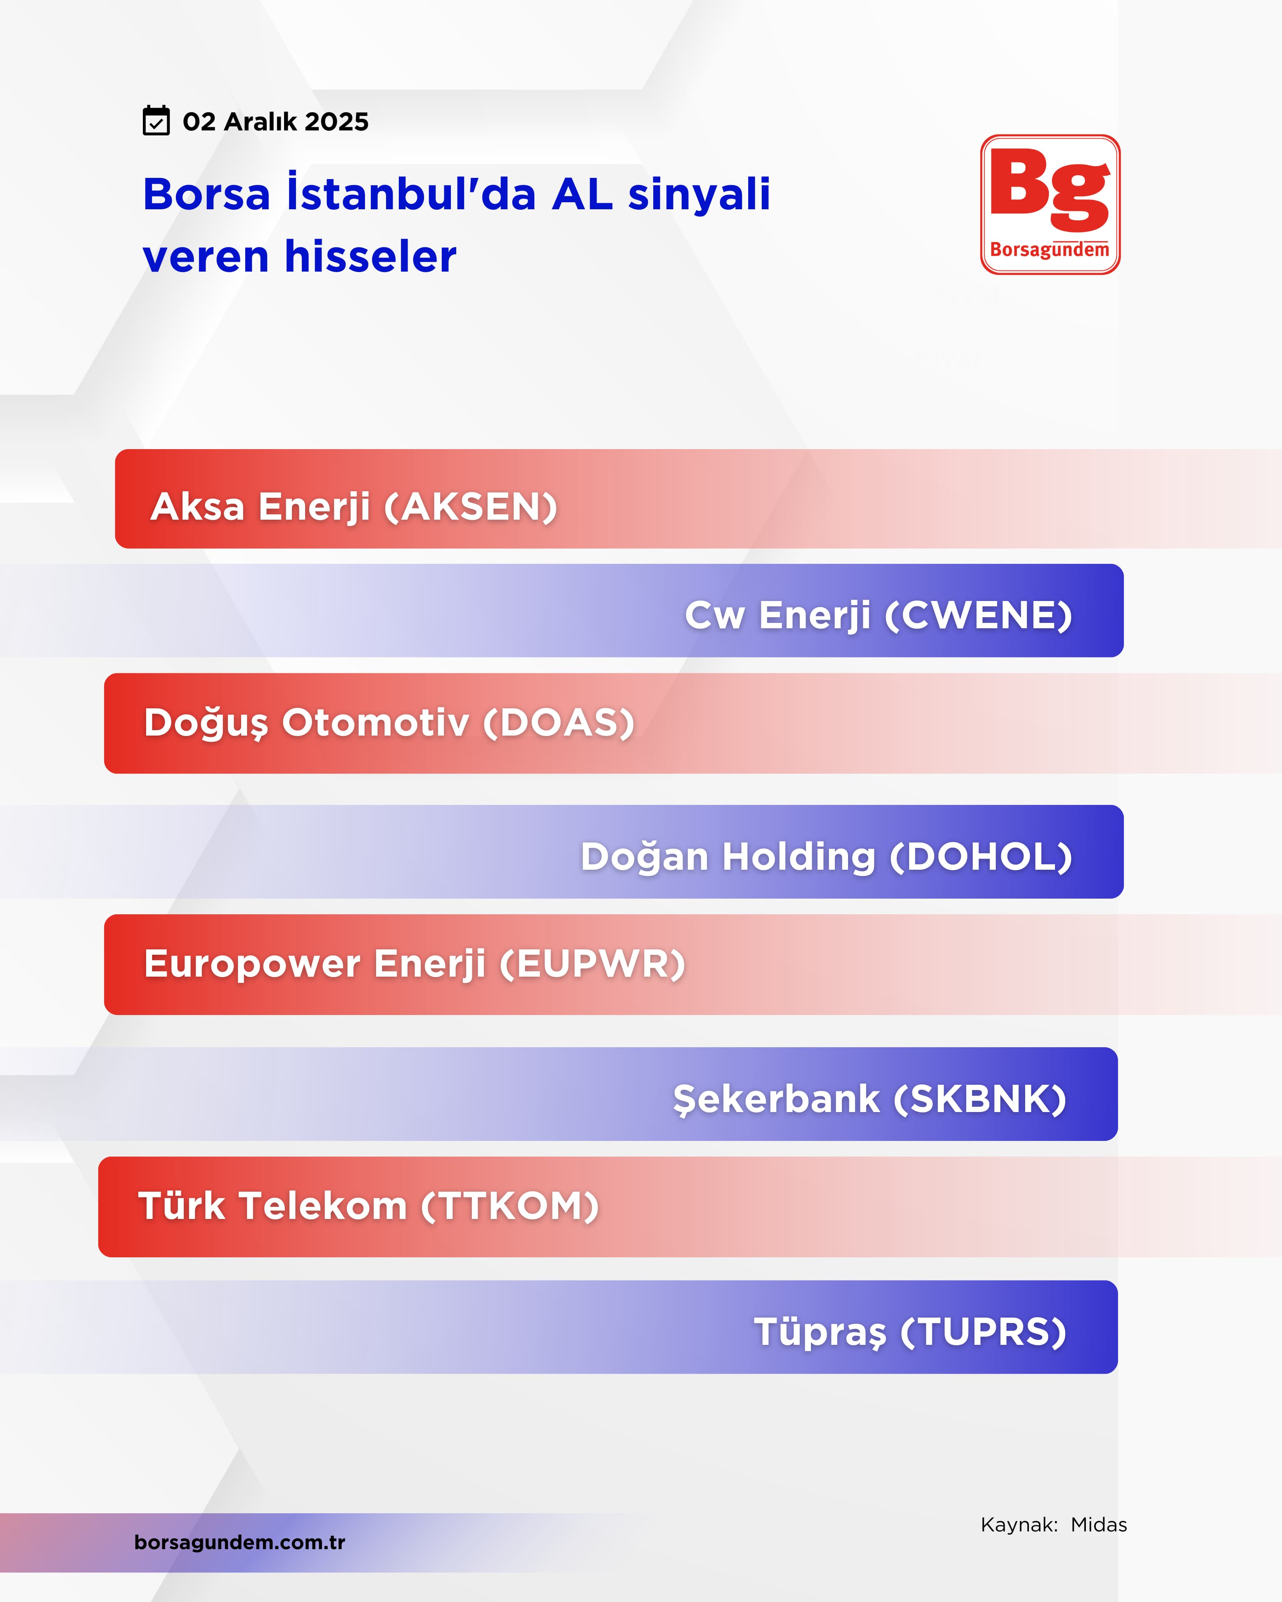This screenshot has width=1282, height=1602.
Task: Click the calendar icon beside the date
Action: coord(156,121)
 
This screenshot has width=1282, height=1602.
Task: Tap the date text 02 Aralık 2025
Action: coord(276,121)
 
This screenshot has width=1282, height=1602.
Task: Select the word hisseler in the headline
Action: coord(371,256)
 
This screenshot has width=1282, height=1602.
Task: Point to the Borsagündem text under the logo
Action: coord(1050,250)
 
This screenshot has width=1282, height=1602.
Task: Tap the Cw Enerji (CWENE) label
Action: coord(879,615)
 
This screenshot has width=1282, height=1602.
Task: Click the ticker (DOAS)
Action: coord(559,723)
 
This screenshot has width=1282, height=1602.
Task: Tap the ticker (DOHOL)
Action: coord(981,857)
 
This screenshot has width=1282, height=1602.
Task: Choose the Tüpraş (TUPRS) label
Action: coord(910,1332)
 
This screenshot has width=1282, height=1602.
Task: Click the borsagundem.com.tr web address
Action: coord(239,1542)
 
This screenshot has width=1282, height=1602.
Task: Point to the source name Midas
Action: coord(1098,1525)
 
